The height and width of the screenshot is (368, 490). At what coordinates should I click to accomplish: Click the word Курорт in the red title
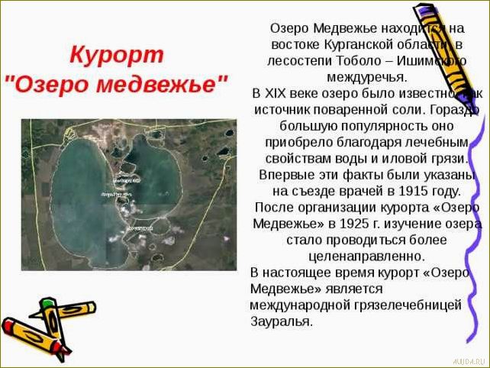117,55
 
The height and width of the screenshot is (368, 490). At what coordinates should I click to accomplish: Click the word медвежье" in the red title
169,82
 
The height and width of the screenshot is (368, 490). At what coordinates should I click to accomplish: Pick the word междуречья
366,77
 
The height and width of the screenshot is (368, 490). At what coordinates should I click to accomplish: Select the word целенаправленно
366,257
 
